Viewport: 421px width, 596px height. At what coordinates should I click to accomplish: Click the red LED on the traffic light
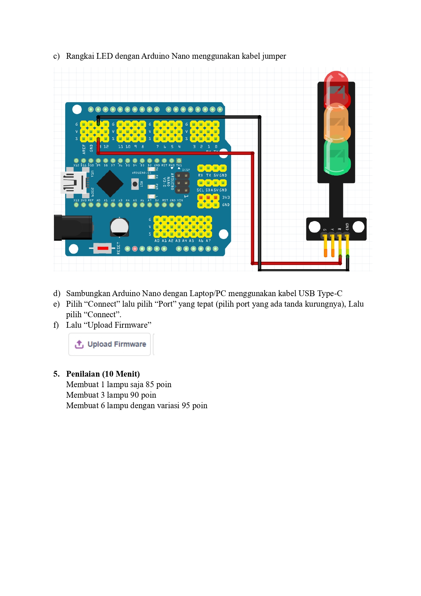(336, 89)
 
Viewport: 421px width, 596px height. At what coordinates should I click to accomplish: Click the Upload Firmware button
(110, 344)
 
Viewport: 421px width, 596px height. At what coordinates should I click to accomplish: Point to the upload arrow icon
(79, 344)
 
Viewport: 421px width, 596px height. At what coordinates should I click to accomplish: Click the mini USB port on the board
(73, 183)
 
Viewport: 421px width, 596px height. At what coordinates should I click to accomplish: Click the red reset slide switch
(102, 248)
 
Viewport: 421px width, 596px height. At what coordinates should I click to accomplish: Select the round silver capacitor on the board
(119, 227)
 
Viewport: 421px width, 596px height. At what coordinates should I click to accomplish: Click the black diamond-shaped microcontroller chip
(110, 183)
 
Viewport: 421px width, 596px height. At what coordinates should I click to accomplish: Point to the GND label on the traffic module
(347, 227)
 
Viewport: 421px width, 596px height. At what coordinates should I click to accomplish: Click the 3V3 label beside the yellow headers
(226, 197)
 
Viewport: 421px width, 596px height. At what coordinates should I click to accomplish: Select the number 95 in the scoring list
(186, 405)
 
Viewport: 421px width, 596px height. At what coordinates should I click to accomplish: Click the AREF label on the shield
(84, 148)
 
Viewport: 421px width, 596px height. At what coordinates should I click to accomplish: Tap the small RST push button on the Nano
(135, 184)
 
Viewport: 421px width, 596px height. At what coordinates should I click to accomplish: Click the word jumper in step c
(274, 56)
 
